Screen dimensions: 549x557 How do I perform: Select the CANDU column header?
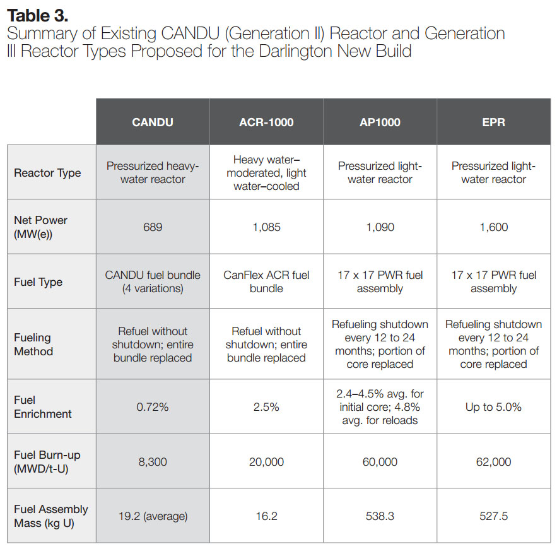pyautogui.click(x=153, y=122)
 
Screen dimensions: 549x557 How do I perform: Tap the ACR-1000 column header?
pyautogui.click(x=266, y=122)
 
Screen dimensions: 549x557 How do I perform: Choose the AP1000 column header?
pyautogui.click(x=380, y=122)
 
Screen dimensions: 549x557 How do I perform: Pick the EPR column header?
pyautogui.click(x=493, y=122)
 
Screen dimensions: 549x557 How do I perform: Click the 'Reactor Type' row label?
pyautogui.click(x=47, y=173)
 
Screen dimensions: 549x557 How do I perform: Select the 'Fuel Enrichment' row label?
pyautogui.click(x=43, y=407)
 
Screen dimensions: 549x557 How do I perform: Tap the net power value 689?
pyautogui.click(x=153, y=227)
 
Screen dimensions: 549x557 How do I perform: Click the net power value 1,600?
pyautogui.click(x=493, y=227)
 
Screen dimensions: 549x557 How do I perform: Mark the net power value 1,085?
pyautogui.click(x=266, y=227)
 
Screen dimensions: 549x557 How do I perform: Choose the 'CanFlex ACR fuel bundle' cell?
pyautogui.click(x=266, y=281)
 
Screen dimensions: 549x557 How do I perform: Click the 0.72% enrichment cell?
pyautogui.click(x=153, y=407)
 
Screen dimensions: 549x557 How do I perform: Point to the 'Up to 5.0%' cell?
pyautogui.click(x=493, y=407)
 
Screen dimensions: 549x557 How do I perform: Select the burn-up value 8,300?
pyautogui.click(x=153, y=462)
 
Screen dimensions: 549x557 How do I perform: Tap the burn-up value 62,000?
pyautogui.click(x=493, y=462)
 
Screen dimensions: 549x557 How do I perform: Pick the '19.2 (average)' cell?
pyautogui.click(x=153, y=516)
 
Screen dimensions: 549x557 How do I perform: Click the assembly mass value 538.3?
pyautogui.click(x=380, y=516)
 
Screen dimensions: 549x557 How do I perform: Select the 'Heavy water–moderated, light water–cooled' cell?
pyautogui.click(x=266, y=173)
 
